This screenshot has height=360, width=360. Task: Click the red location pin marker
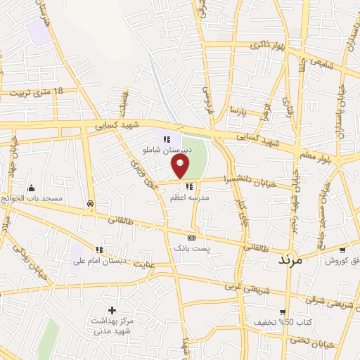point(181,166)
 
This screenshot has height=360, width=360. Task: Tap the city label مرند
point(289,259)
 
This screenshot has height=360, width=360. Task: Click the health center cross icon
point(112,310)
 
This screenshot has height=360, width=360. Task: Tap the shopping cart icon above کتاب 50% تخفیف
point(283,311)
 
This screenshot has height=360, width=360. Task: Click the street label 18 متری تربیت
point(38,91)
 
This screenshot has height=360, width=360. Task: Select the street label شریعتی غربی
point(243,287)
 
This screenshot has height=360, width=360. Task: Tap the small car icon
point(91,204)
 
